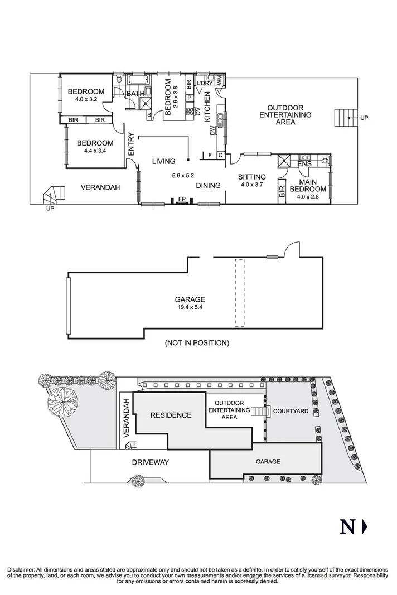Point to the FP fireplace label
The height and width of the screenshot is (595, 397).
[181, 199]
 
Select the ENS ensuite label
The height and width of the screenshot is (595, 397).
[304, 165]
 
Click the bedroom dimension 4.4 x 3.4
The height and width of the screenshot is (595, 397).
[95, 151]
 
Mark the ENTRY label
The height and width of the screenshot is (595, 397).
[131, 143]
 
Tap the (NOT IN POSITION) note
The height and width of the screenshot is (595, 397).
[196, 343]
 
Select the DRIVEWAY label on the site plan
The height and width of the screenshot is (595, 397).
[151, 462]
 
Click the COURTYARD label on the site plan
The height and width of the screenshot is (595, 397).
[291, 411]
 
